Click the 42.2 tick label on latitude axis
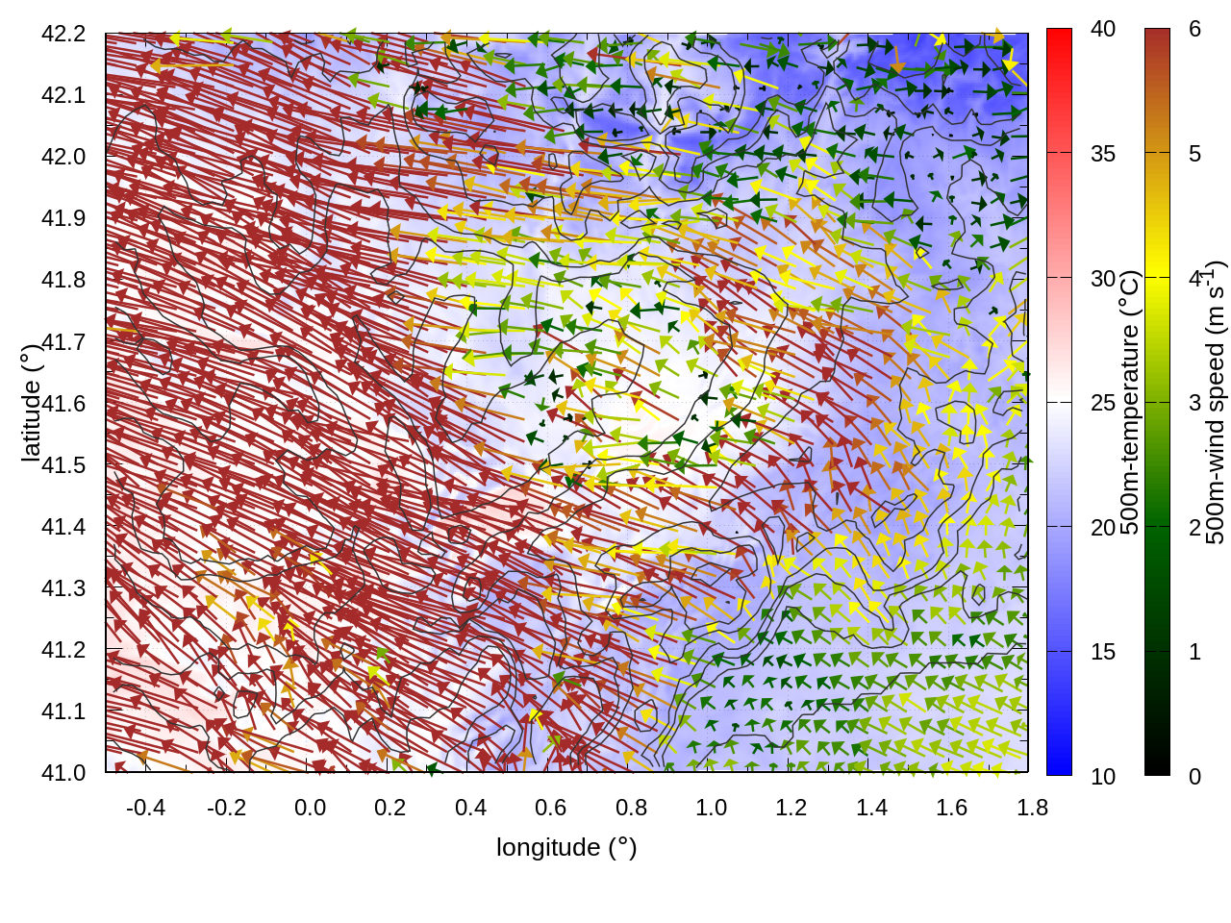click(x=63, y=34)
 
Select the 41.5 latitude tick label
click(x=63, y=465)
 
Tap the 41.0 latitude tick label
click(x=63, y=773)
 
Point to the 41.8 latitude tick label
click(x=63, y=280)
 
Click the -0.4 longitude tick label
click(x=145, y=808)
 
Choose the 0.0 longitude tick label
click(x=310, y=808)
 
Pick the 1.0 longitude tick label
click(x=711, y=808)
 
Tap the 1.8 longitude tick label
click(x=1032, y=808)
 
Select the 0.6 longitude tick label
click(x=550, y=808)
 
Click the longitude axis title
click(x=566, y=847)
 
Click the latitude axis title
click(x=31, y=403)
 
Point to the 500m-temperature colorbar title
click(x=1130, y=403)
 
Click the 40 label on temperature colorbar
click(x=1103, y=29)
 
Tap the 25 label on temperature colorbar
click(x=1103, y=403)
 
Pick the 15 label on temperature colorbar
click(x=1103, y=652)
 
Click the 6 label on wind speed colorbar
click(x=1194, y=29)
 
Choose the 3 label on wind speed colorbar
click(x=1194, y=403)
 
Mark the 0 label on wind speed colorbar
click(x=1194, y=776)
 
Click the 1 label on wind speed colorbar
click(x=1194, y=652)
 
